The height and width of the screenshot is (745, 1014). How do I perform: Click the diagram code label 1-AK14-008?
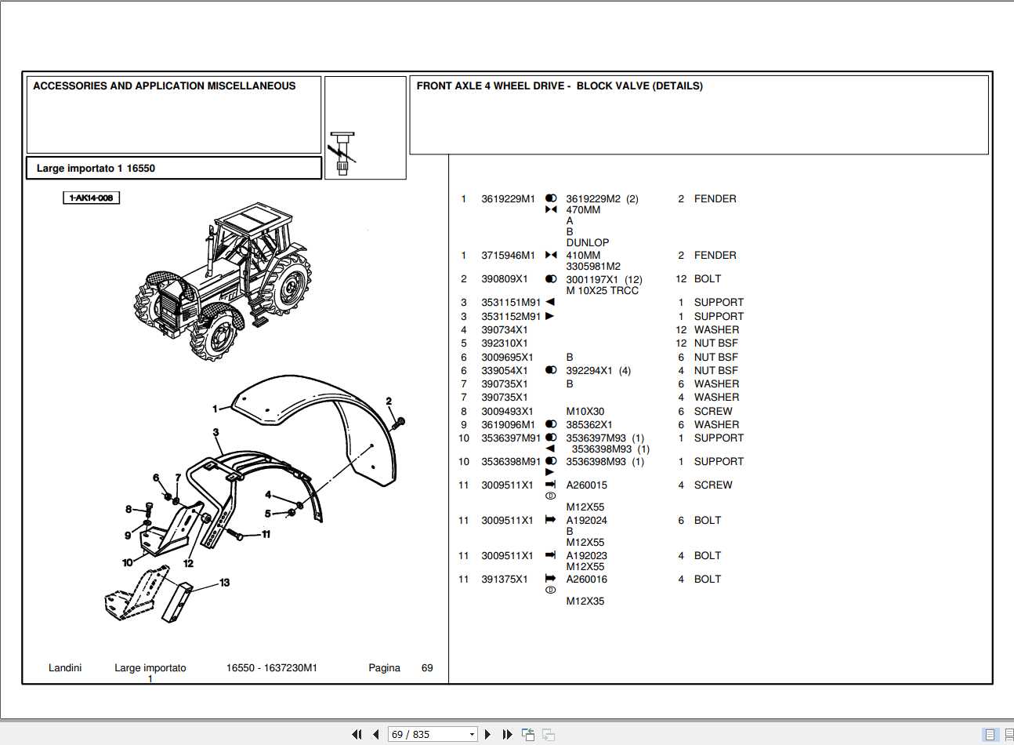pos(92,198)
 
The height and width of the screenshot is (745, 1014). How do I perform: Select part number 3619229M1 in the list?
pos(508,199)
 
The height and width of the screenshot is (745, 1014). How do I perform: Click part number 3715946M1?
pos(508,256)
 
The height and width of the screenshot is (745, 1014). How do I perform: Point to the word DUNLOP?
pos(587,243)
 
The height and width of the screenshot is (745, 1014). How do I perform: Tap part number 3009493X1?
pos(507,412)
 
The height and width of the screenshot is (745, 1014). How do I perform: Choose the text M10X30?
pos(585,412)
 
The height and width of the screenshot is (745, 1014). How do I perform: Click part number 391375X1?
pos(504,580)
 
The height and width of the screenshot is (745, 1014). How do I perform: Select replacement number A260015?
pos(586,485)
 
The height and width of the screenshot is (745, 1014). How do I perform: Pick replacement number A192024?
pos(586,521)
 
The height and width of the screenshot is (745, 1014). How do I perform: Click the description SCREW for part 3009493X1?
pos(712,412)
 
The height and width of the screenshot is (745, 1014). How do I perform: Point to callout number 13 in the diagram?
pos(225,583)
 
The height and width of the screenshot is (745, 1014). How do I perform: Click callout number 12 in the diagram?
pos(188,563)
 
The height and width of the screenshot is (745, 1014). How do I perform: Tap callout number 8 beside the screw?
pos(129,509)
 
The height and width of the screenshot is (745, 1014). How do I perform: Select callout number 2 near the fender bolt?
pos(389,402)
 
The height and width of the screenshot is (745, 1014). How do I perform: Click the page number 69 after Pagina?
pos(427,668)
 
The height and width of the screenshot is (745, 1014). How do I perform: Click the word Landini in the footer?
pos(65,668)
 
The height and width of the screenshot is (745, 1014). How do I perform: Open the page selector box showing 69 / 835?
pos(433,734)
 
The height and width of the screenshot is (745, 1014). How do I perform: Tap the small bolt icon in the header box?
pos(342,153)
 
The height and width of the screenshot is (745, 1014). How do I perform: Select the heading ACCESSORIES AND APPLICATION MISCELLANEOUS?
pos(165,86)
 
